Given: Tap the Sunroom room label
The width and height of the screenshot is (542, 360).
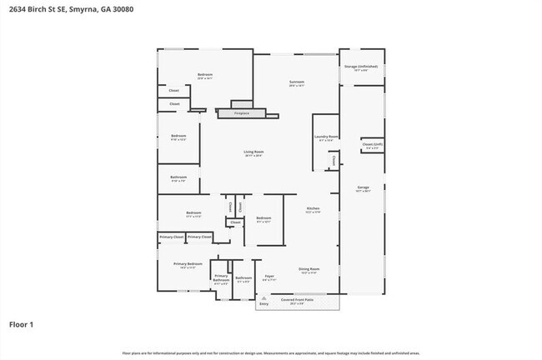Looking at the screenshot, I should coord(297,82).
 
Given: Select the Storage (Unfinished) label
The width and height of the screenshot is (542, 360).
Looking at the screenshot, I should coord(361,66).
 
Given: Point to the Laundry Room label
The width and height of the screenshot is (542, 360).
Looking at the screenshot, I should coord(326,136).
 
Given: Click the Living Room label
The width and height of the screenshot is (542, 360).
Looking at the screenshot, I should coord(253,151).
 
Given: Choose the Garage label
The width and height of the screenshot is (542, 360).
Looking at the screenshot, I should coord(363,187).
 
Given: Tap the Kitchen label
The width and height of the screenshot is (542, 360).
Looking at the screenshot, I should coord(313,208).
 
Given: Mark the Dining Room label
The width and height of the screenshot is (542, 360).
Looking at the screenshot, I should coord(309,268).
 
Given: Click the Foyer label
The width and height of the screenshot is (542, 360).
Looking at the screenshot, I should coord(269,276).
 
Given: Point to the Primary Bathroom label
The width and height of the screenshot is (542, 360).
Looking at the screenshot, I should coord(221,277).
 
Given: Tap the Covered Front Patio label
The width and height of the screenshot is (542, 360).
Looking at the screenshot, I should coord(297,299).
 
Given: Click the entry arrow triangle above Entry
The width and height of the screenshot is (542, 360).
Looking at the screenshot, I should coord(264,298).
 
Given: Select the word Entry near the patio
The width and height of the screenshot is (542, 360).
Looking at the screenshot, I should coord(264,304).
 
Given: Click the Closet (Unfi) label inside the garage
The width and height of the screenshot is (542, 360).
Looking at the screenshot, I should coord(372,144).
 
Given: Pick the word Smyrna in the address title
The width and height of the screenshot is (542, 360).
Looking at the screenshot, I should coord(80,8).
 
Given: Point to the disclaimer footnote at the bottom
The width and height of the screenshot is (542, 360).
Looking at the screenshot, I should coord(272,353).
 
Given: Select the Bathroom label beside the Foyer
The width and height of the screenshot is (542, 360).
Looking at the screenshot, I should coord(243,277).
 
